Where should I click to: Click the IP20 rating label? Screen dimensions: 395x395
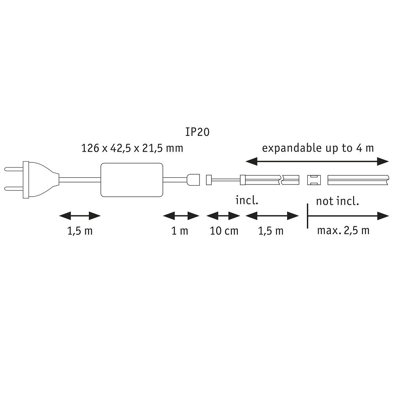[197, 132]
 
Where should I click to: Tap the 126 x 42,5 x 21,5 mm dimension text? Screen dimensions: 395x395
[132, 148]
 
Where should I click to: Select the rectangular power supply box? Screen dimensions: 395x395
[132, 180]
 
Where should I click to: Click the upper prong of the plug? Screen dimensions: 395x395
[14, 170]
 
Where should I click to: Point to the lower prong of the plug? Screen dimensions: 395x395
[14, 188]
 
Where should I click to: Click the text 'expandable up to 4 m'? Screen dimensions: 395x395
[318, 149]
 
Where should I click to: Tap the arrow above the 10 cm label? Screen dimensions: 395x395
[223, 216]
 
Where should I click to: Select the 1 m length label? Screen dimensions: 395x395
[180, 231]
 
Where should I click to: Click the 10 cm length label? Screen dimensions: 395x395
[224, 231]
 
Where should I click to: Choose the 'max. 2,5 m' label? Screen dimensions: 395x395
[343, 231]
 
